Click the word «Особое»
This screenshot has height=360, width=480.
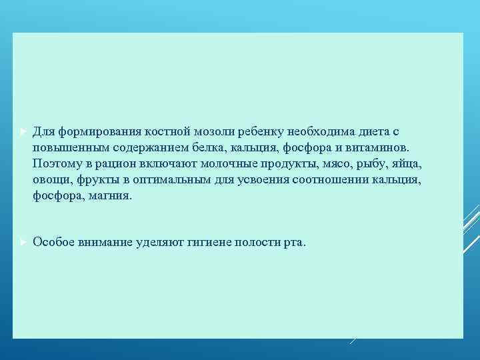(x=53, y=242)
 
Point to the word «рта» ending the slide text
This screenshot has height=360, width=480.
(x=292, y=243)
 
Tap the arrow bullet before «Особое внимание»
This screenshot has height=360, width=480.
(x=21, y=241)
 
